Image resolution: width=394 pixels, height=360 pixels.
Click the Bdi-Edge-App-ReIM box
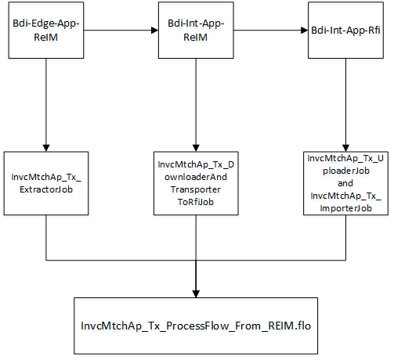(x=47, y=31)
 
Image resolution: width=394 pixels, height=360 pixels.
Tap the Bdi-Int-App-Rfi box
(x=345, y=31)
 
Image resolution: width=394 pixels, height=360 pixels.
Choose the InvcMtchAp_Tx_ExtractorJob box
(x=47, y=184)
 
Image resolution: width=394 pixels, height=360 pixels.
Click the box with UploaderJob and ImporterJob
(x=345, y=183)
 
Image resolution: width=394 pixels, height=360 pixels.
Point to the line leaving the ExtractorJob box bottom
(x=47, y=239)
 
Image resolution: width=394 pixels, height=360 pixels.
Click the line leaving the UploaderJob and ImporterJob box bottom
(x=345, y=239)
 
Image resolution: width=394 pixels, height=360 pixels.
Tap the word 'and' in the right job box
(x=345, y=182)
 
